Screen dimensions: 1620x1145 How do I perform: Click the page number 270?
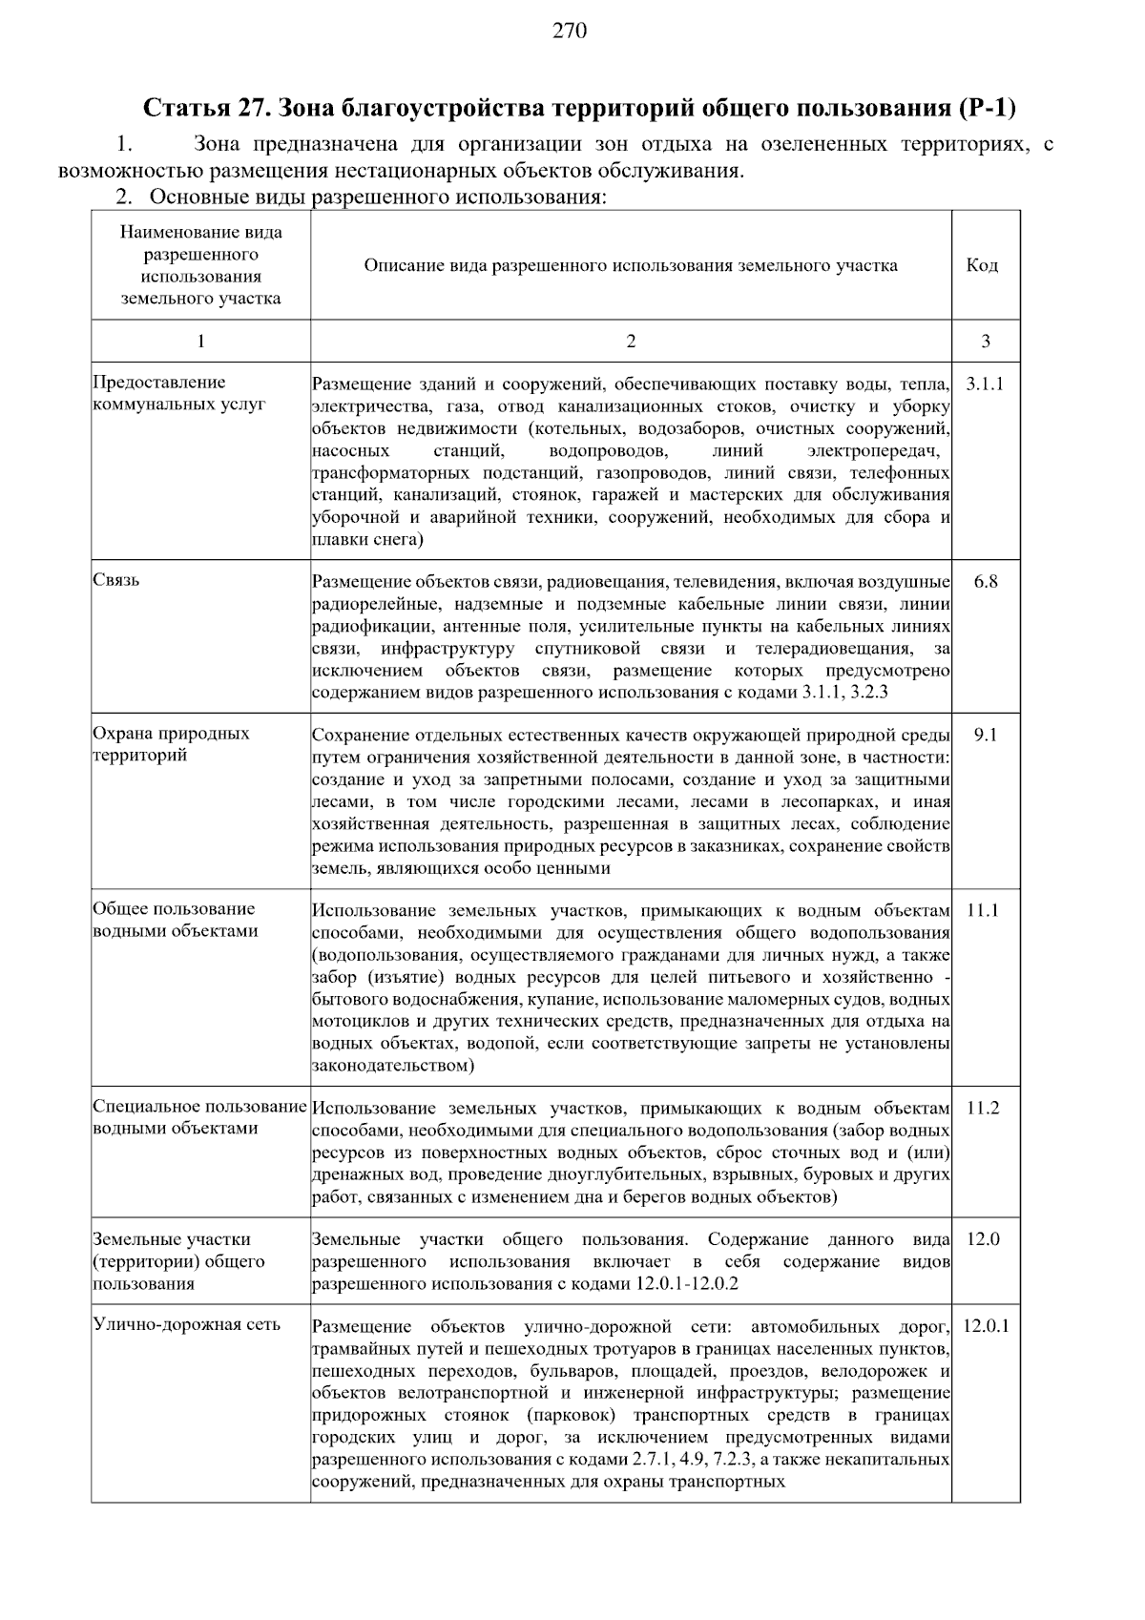coord(570,31)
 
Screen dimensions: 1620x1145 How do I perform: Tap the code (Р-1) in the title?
coord(984,108)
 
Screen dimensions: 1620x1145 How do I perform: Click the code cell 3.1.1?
coord(985,384)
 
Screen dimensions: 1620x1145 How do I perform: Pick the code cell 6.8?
coord(985,582)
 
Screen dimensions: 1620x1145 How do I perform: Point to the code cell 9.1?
coord(985,735)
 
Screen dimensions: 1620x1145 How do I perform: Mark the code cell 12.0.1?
coord(985,1326)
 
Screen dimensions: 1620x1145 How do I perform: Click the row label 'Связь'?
coord(116,581)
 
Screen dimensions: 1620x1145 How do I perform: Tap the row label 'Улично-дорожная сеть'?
coord(187,1325)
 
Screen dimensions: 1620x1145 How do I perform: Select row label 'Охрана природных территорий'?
coord(172,744)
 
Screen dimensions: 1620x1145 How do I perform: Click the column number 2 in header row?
coord(631,342)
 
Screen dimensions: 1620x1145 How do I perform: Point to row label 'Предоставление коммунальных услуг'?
coord(178,393)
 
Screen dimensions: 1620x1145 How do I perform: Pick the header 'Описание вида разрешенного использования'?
coord(631,265)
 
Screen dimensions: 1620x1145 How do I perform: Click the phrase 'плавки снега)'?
coord(367,540)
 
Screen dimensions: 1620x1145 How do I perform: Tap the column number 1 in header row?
coord(200,342)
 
